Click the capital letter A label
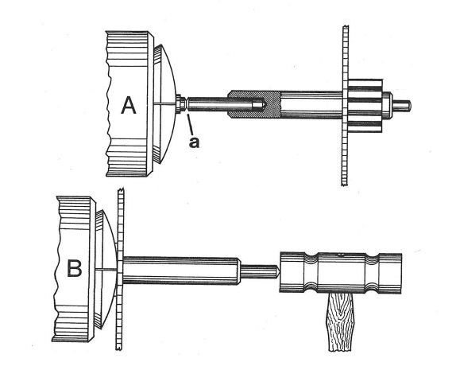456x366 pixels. tap(128, 105)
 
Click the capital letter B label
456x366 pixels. tap(75, 268)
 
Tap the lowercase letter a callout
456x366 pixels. tap(195, 142)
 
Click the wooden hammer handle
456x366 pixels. tap(340, 322)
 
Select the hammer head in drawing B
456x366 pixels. tap(341, 272)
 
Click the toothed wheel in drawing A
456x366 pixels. tap(346, 106)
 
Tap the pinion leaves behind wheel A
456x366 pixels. tap(365, 105)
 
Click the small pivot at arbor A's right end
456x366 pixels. tap(402, 105)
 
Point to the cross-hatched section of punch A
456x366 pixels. tap(253, 104)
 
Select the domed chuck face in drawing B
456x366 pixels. tap(106, 270)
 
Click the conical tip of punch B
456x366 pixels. tap(277, 271)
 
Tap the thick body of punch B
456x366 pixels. tap(181, 271)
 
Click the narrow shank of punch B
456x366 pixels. tap(258, 271)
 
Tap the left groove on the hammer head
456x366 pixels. tap(310, 272)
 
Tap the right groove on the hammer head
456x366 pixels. tap(372, 273)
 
